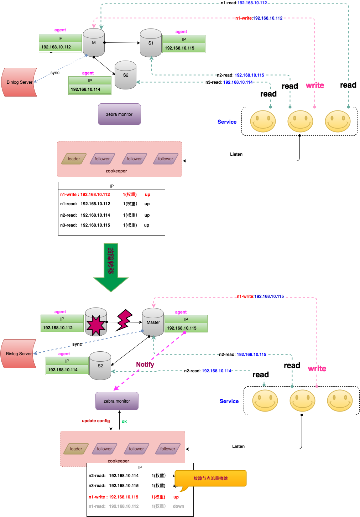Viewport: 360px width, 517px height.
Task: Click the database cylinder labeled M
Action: [x=94, y=43]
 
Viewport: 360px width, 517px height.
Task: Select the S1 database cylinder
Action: [x=151, y=43]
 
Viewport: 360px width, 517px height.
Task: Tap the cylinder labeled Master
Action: [x=153, y=322]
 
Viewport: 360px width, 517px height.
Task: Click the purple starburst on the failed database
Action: [x=95, y=325]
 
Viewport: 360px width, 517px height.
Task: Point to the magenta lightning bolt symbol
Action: [x=124, y=320]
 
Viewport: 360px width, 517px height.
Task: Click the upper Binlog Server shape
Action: [x=20, y=82]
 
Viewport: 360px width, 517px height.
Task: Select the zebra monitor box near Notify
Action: [x=117, y=401]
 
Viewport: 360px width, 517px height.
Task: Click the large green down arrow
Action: [x=111, y=267]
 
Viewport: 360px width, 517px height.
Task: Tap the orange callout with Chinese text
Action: [x=210, y=479]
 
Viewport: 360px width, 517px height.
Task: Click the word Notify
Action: [x=145, y=365]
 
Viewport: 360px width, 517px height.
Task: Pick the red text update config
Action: [x=96, y=421]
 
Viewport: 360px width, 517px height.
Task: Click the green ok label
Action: [x=124, y=422]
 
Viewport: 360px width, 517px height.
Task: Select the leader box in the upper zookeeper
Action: [x=74, y=159]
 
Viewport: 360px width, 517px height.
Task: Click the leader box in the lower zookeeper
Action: [x=76, y=449]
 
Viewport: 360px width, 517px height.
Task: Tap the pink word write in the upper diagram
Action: [x=315, y=86]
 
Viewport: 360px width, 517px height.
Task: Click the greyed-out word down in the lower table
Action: [x=178, y=506]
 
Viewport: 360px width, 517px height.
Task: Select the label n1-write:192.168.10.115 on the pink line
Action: [x=260, y=296]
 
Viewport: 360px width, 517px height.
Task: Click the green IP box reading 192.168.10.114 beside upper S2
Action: [x=90, y=89]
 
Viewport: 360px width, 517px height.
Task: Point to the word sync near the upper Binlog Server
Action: [x=55, y=73]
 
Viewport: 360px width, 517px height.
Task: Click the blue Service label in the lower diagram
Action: [x=229, y=401]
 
